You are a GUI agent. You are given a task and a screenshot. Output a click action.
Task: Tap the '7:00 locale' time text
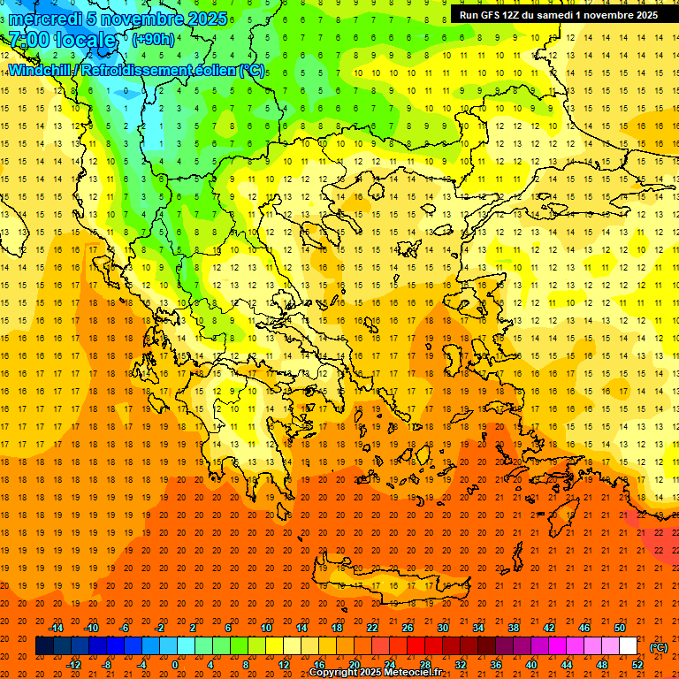tap(63, 40)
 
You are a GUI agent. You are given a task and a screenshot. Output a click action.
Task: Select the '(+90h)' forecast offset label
tap(152, 40)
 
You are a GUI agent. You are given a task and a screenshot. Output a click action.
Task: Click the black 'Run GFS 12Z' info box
tap(558, 15)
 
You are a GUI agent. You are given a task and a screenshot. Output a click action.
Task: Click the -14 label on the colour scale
tap(57, 628)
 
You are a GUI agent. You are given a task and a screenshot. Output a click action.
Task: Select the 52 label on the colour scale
tap(637, 665)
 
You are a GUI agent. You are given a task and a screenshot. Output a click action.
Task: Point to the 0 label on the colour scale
tap(175, 665)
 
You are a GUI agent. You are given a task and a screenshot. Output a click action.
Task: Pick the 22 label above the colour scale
tap(372, 628)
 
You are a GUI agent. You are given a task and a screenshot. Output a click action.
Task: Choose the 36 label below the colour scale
tap(496, 665)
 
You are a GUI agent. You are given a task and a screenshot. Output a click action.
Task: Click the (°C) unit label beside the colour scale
tap(659, 647)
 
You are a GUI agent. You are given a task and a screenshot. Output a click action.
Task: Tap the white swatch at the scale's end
tap(628, 646)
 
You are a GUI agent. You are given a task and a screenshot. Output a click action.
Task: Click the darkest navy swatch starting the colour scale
tap(44, 646)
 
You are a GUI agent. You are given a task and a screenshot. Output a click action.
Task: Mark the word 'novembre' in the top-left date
tap(142, 18)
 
